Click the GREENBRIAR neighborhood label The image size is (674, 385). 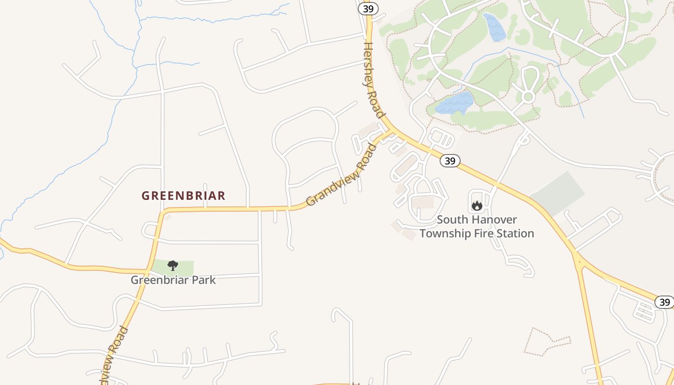(x=183, y=196)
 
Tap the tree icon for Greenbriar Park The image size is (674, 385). (x=173, y=266)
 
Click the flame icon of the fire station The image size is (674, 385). (x=477, y=206)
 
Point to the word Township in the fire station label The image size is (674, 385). (x=447, y=233)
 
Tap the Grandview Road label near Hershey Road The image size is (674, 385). (x=341, y=175)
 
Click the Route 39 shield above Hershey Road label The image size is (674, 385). (x=368, y=8)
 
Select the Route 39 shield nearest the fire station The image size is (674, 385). (x=450, y=161)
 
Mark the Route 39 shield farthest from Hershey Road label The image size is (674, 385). (x=664, y=302)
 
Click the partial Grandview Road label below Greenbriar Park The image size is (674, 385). (x=114, y=355)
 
